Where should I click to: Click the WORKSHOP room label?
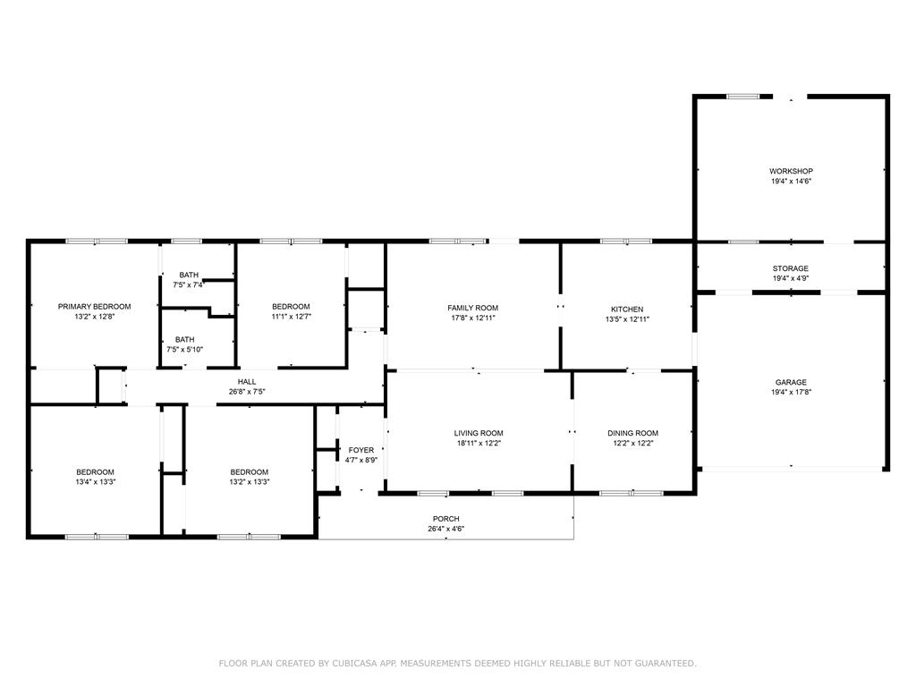pyautogui.click(x=791, y=171)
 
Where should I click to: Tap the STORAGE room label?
pyautogui.click(x=791, y=268)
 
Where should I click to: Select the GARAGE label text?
pyautogui.click(x=791, y=383)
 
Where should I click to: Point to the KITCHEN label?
pyautogui.click(x=627, y=310)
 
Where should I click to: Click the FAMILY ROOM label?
pyautogui.click(x=473, y=309)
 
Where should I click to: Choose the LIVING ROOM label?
pyautogui.click(x=479, y=434)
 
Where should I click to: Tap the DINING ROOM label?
pyautogui.click(x=632, y=434)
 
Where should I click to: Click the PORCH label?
pyautogui.click(x=446, y=519)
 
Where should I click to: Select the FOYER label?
pyautogui.click(x=361, y=451)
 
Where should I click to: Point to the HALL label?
pyautogui.click(x=247, y=382)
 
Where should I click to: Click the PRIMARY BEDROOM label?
pyautogui.click(x=95, y=307)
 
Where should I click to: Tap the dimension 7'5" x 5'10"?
pyautogui.click(x=184, y=350)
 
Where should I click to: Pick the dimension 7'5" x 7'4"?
pyautogui.click(x=188, y=285)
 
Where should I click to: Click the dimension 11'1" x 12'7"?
pyautogui.click(x=291, y=317)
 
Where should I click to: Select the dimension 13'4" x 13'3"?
pyautogui.click(x=95, y=482)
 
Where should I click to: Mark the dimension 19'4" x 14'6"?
pyautogui.click(x=791, y=181)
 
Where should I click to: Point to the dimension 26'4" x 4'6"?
pyautogui.click(x=446, y=530)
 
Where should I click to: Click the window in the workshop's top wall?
pyautogui.click(x=743, y=97)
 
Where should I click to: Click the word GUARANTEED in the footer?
pyautogui.click(x=666, y=664)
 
